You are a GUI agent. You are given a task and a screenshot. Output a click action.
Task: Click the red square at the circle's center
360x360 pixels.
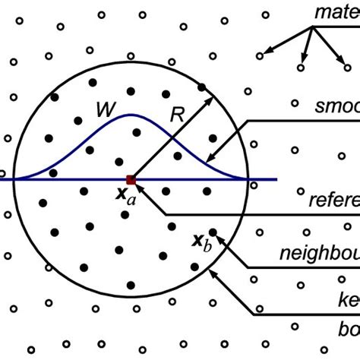pyautogui.click(x=131, y=180)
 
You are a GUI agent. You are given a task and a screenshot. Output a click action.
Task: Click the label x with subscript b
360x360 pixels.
pyautogui.click(x=201, y=242)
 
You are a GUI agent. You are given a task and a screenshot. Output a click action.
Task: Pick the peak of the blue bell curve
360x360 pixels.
pyautogui.click(x=131, y=115)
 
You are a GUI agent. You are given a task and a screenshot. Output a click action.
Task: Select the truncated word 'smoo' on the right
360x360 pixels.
pyautogui.click(x=336, y=106)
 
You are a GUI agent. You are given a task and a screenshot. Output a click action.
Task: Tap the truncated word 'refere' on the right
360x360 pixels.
pyautogui.click(x=333, y=201)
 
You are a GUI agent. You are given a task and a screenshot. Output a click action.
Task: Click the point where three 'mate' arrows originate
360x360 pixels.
pyautogui.click(x=311, y=27)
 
